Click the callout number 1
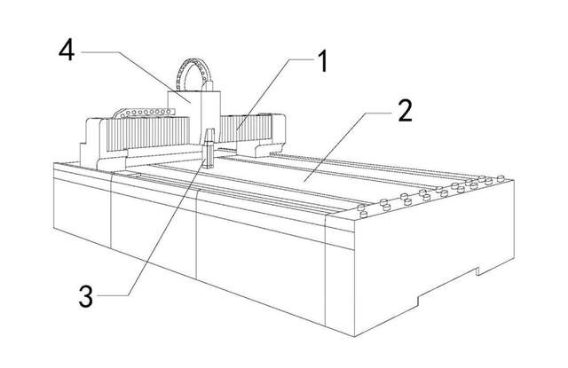[x=322, y=63]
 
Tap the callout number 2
[x=404, y=113]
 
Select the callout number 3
[x=86, y=297]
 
